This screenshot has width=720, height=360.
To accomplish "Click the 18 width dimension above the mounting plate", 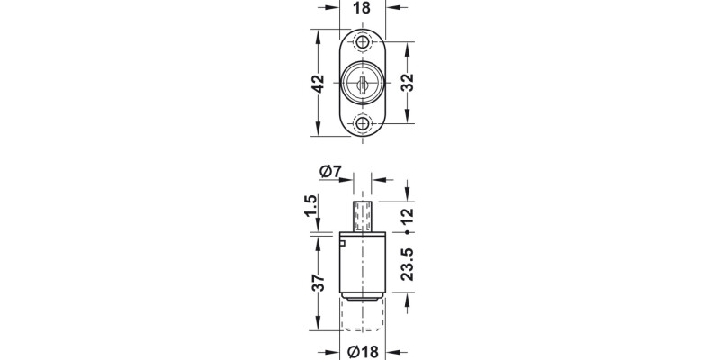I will tap(363, 8).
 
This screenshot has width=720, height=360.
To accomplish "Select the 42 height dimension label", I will tap(317, 84).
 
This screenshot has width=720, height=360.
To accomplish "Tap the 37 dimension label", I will tap(317, 283).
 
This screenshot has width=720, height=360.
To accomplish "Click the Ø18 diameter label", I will tap(362, 351).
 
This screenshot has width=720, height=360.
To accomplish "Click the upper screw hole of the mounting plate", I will tap(363, 43).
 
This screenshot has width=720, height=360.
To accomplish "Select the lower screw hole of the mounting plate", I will tap(363, 123).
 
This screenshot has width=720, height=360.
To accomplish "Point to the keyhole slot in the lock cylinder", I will tap(363, 85).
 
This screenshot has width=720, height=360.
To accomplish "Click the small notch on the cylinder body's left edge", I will tap(342, 242).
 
